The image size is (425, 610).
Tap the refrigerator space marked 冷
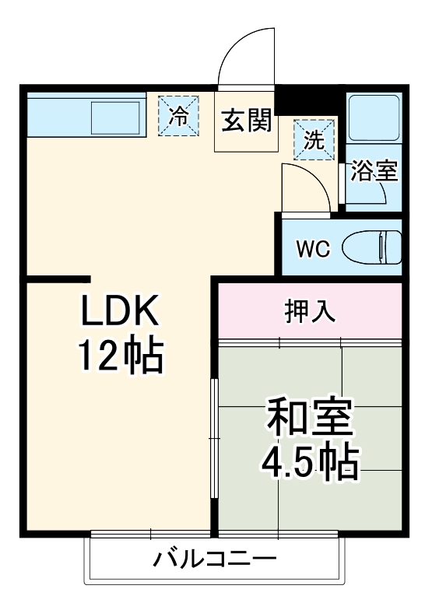click(180, 116)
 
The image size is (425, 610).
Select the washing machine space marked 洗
click(314, 139)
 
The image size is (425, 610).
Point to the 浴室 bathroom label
click(374, 172)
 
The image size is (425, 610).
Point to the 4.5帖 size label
click(310, 463)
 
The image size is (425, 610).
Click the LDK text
click(121, 312)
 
